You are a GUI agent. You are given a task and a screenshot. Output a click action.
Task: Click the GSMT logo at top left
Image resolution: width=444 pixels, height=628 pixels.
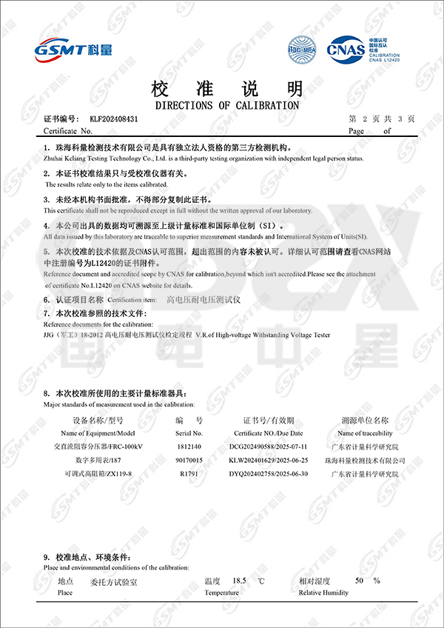pos(73,49)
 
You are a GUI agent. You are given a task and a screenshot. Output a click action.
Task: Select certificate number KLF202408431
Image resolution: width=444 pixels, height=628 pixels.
pos(114,118)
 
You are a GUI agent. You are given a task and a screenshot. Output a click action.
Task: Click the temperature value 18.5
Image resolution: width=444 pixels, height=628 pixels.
pos(239,581)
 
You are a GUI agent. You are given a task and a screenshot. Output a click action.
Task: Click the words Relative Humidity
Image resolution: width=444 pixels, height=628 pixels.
pos(323,592)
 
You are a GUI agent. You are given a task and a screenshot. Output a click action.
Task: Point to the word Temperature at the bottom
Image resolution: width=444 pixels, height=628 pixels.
pos(221,592)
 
